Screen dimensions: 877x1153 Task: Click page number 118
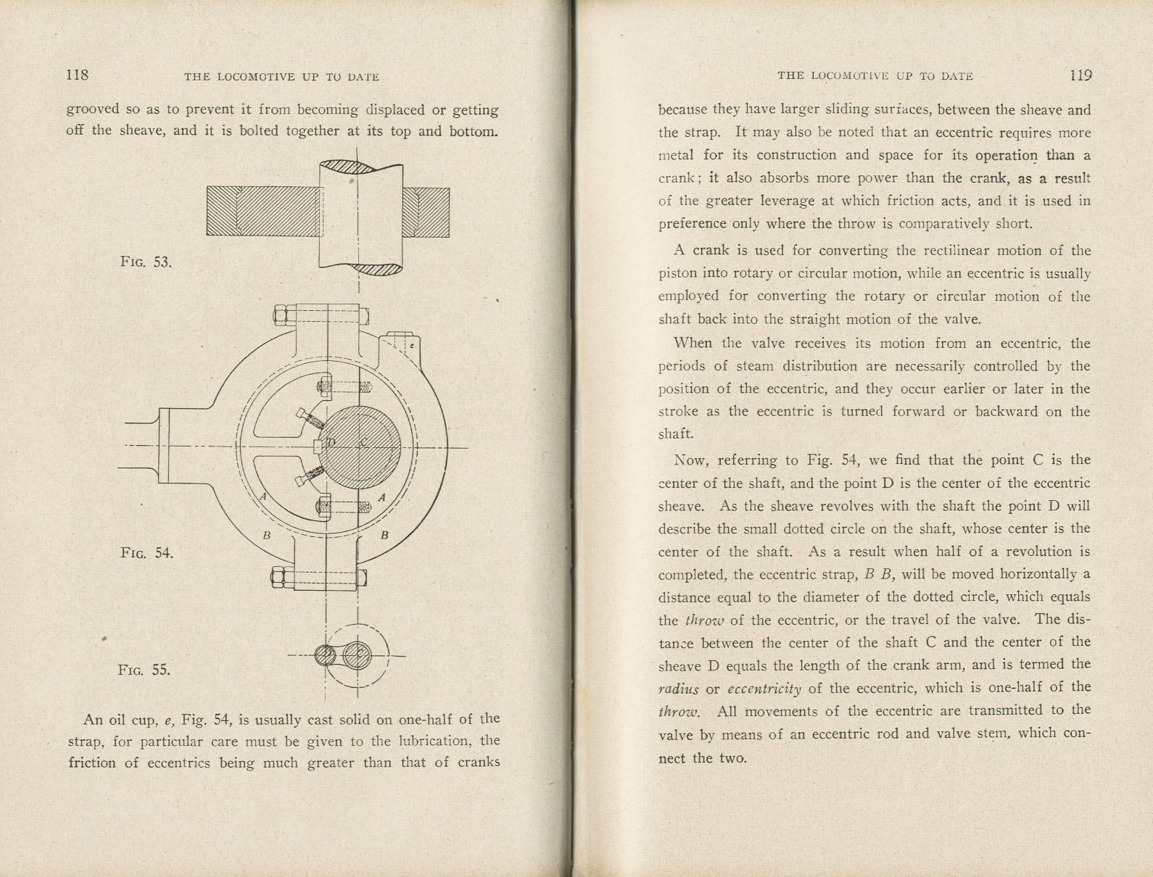[x=77, y=75]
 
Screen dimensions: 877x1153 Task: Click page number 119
[x=1080, y=75]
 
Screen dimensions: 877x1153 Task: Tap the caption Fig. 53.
[x=146, y=262]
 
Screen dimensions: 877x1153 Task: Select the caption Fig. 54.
[x=147, y=553]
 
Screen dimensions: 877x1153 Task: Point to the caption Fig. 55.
[x=144, y=670]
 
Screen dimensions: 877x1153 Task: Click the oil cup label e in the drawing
[x=411, y=346]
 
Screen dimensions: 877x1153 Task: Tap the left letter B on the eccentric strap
[x=267, y=536]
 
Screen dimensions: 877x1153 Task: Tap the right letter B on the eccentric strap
[x=385, y=536]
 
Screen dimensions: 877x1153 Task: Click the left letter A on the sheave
[x=264, y=497]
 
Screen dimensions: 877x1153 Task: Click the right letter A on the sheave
[x=381, y=497]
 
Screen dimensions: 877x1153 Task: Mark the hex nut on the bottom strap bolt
[x=279, y=578]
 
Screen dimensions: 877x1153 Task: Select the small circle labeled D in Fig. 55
[x=327, y=656]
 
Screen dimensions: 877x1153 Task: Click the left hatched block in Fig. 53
[x=264, y=211]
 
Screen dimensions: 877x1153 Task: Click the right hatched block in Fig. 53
[x=426, y=211]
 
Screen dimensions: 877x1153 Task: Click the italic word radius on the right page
[x=677, y=689]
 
